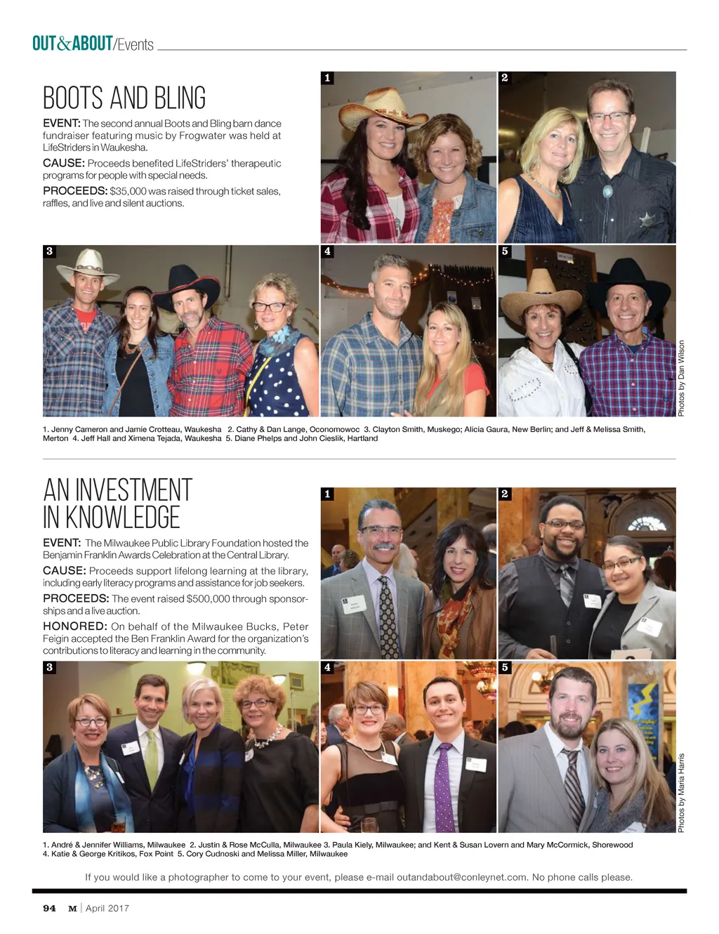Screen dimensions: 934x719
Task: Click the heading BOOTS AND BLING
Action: [x=124, y=98]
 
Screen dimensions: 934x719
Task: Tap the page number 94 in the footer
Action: [x=49, y=908]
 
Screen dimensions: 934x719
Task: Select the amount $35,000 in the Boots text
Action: [x=128, y=191]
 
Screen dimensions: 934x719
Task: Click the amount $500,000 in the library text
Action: [x=209, y=599]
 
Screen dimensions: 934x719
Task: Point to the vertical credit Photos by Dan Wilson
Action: [x=681, y=378]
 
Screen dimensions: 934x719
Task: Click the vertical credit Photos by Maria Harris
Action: [x=681, y=792]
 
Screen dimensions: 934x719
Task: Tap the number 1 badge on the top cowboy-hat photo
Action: [x=327, y=78]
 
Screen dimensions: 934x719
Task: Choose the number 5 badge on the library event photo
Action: [x=505, y=667]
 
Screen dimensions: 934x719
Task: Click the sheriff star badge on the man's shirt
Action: [x=646, y=219]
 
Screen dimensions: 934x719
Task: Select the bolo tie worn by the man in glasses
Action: [x=607, y=192]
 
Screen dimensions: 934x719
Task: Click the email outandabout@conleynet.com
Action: [x=461, y=877]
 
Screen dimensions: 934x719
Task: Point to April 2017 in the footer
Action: [x=107, y=908]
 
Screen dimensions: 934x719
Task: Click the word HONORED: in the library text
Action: [x=74, y=626]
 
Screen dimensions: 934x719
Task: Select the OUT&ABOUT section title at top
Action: [x=72, y=44]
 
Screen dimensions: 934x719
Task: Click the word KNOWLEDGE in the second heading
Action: [x=122, y=518]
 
